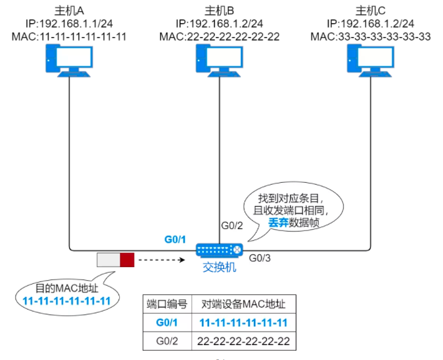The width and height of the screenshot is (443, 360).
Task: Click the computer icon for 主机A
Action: pos(68,62)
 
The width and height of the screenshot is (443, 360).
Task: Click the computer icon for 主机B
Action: pos(219,62)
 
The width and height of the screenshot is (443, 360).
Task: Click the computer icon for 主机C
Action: pos(371,62)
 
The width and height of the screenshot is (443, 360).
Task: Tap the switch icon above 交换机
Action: pos(219,250)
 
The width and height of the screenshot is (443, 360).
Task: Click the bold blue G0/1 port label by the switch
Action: pos(175,239)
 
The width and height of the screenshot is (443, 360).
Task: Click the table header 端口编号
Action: pos(167,304)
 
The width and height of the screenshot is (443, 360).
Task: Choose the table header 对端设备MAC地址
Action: pos(243,304)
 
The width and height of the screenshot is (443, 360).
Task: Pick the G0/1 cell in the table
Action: pos(167,323)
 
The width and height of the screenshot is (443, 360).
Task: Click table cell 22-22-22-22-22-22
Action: pos(243,342)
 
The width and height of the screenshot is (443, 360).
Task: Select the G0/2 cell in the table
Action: pos(167,342)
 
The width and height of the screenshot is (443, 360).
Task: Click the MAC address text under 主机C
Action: pos(371,36)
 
